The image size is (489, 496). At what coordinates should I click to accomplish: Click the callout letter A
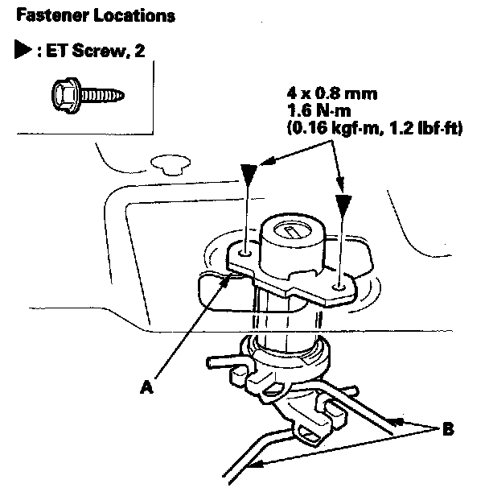click(x=146, y=386)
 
